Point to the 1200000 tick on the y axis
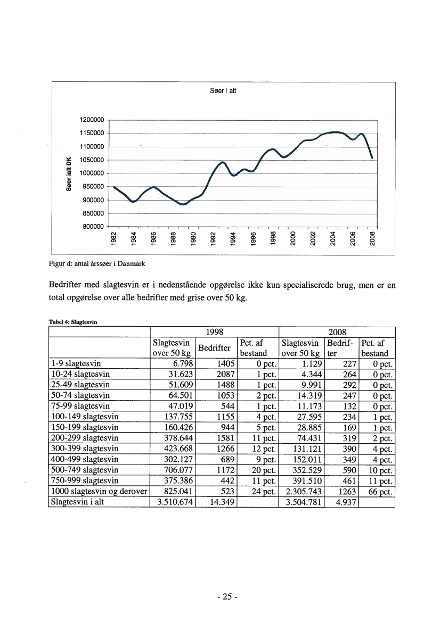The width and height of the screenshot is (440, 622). tap(93, 121)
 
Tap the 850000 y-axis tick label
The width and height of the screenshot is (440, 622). tap(93, 213)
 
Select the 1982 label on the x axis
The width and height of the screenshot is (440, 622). tap(113, 239)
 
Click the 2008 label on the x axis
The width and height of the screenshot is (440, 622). tap(372, 239)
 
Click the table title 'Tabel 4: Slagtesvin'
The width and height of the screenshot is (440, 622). tap(72, 321)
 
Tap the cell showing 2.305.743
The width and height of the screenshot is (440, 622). tap(302, 491)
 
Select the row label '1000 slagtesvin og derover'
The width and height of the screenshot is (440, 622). tap(98, 491)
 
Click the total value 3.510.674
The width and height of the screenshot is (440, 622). tap(173, 502)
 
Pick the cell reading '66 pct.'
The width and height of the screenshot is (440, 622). tap(379, 491)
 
